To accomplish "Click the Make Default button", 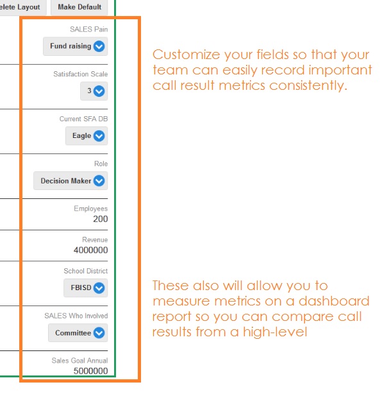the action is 79,7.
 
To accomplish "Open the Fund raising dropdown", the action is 76,46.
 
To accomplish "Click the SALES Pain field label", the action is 88,30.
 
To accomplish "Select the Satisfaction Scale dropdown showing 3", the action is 94,91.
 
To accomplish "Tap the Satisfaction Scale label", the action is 80,74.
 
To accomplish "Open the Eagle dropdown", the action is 87,136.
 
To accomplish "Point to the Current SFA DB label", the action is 83,119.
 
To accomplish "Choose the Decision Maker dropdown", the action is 71,181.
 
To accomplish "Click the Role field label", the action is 101,164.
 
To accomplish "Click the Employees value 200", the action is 101,219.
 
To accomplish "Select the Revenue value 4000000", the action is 91,250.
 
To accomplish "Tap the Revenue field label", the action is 95,239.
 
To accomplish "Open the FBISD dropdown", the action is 85,288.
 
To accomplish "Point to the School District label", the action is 85,271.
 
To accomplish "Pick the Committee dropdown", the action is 78,333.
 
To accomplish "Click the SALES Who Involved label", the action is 76,316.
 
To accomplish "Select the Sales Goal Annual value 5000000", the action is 91,371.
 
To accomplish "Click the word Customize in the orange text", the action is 187,55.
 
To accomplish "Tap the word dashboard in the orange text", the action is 334,301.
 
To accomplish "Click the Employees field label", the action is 91,209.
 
